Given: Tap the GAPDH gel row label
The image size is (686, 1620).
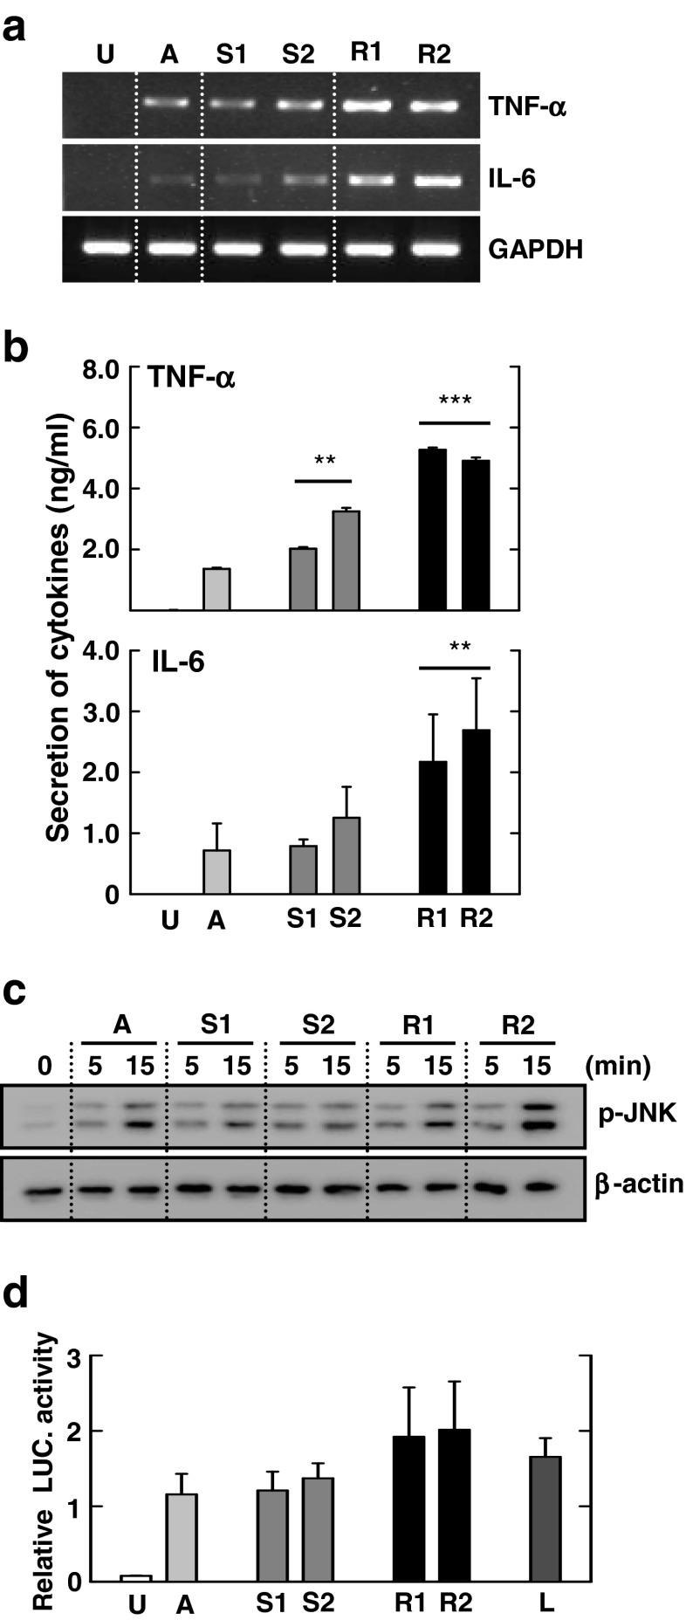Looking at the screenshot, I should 536,250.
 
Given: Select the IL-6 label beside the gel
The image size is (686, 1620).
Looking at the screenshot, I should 513,180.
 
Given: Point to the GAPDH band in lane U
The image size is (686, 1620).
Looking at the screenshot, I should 106,248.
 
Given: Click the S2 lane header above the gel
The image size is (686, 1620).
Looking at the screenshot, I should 298,54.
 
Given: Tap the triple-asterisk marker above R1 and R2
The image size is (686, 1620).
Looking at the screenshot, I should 455,402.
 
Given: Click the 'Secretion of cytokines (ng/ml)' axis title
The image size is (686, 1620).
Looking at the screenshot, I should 58,628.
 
